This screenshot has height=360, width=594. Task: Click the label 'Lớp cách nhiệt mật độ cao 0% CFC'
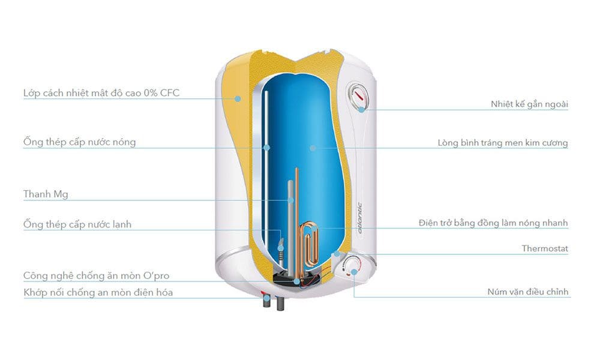[101, 94]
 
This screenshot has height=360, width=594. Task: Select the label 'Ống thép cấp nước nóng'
[79, 142]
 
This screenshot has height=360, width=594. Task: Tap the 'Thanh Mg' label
[46, 194]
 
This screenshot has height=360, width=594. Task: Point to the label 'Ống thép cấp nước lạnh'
[77, 224]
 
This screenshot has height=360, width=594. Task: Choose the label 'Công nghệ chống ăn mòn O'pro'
[96, 275]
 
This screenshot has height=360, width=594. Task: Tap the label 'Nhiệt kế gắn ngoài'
[529, 104]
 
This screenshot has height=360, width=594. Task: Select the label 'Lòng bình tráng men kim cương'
[502, 143]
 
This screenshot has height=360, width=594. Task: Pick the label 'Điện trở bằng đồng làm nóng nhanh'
[493, 223]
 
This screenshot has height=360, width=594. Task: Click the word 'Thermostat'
[544, 248]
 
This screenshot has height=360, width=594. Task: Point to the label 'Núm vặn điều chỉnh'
[527, 293]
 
